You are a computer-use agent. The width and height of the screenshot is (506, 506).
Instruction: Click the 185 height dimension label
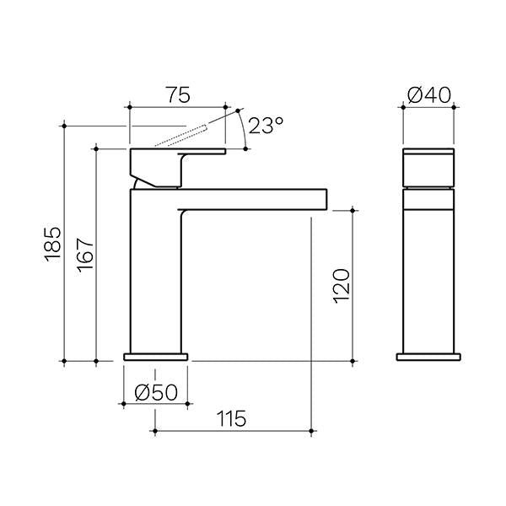pyautogui.click(x=53, y=243)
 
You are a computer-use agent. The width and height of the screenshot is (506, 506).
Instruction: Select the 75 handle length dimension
pyautogui.click(x=177, y=95)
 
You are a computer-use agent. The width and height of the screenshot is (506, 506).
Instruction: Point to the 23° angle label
pyautogui.click(x=266, y=126)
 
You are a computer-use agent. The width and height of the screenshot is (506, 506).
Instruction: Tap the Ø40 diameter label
pyautogui.click(x=428, y=96)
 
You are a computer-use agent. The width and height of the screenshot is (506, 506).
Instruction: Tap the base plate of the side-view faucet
pyautogui.click(x=155, y=356)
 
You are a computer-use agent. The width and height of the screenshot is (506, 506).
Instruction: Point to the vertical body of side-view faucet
pyautogui.click(x=155, y=270)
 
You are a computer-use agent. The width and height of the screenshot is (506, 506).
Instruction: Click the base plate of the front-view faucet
pyautogui.click(x=428, y=356)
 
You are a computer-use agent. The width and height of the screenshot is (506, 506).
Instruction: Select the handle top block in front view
pyautogui.click(x=428, y=169)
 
